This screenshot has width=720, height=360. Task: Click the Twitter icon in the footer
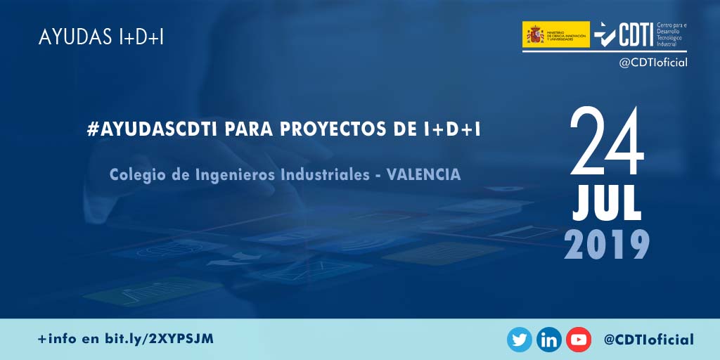coord(520,340)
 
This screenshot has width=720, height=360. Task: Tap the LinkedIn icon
coord(549,340)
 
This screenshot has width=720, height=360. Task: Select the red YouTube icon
coord(579,340)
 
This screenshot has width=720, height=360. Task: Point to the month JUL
coord(606,204)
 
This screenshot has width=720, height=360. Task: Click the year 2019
coord(606,244)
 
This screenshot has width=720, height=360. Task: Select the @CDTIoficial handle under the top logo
coord(652,63)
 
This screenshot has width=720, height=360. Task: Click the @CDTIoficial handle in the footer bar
coord(648,340)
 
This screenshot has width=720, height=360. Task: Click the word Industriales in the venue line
coord(321,174)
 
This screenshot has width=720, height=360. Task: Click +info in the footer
coord(59,339)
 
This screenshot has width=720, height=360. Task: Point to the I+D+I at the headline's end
coord(451,129)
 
